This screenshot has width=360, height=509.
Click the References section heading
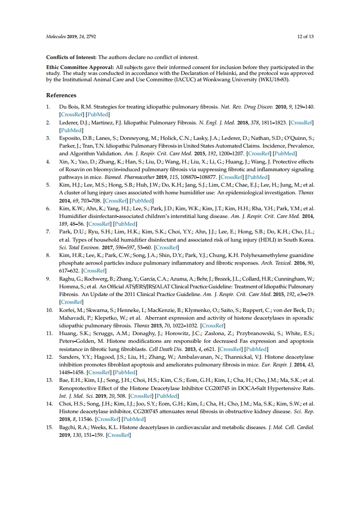pos(61,95)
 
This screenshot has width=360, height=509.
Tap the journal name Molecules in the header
pos(56,36)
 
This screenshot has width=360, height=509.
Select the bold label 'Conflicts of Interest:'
pos(71,57)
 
